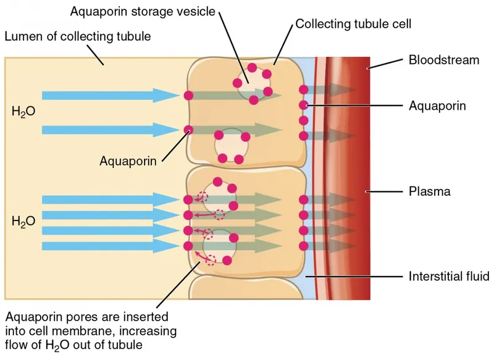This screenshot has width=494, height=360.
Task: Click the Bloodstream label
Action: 444,60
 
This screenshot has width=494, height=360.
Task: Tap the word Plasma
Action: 430,191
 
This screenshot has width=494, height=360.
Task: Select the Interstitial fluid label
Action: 449,275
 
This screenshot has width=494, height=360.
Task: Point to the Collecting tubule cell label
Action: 353,24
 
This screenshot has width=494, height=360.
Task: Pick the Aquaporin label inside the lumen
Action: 128,162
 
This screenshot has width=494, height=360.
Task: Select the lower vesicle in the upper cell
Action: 231,146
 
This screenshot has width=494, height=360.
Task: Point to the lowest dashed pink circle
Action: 211,260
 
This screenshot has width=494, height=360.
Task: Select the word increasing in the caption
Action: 151,331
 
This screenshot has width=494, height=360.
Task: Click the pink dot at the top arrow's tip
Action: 188,95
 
